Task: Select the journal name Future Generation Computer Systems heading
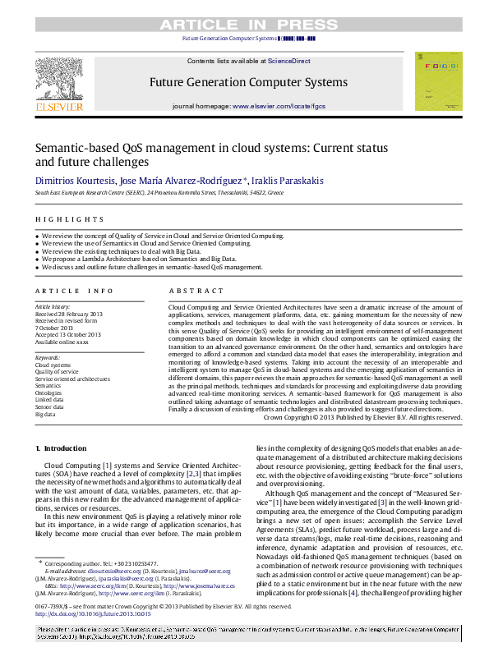(247, 83)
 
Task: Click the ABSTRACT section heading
(191, 291)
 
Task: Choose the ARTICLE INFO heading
(74, 291)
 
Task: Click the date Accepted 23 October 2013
(67, 334)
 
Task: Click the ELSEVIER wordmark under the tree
(58, 107)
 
